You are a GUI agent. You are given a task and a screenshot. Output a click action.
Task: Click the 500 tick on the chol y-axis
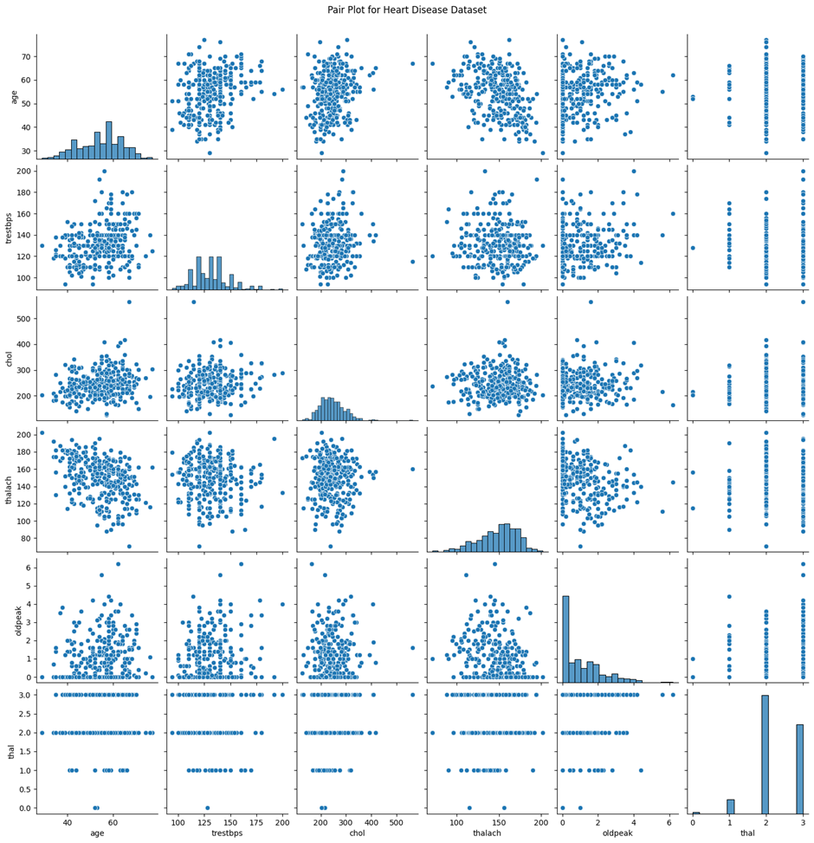pos(22,319)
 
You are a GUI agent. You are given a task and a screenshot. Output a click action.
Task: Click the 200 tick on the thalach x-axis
pos(542,820)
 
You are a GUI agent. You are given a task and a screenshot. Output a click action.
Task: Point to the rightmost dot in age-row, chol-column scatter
pos(412,63)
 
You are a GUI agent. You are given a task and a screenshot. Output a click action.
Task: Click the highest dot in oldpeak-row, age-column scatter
pos(118,563)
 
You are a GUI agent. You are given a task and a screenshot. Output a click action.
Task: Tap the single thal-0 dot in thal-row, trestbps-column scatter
pos(207,807)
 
